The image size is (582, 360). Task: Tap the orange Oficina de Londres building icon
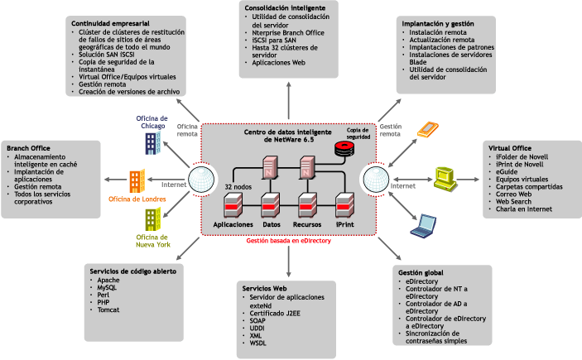pos(137,181)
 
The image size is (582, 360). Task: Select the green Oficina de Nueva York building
pos(152,219)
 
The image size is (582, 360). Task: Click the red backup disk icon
pos(342,149)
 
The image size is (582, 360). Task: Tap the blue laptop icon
pos(426,223)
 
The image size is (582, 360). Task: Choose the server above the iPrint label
pos(345,204)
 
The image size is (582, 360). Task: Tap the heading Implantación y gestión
pos(438,24)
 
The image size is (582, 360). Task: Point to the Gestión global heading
pos(421,272)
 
